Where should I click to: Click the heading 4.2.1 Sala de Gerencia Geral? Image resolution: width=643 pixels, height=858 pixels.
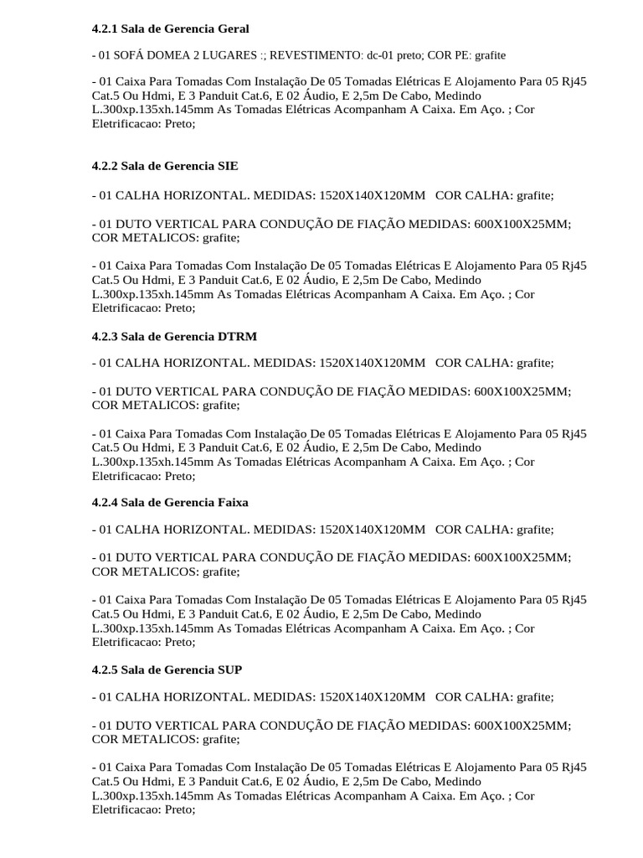(170, 29)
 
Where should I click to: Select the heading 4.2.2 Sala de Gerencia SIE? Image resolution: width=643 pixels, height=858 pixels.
(165, 166)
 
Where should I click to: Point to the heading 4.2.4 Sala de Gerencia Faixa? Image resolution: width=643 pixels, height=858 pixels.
(170, 502)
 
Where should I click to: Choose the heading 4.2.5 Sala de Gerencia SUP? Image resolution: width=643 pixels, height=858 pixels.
(167, 670)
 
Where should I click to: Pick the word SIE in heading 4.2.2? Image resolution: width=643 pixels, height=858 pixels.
(228, 166)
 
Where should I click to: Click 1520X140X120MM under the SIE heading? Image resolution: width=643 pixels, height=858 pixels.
(371, 195)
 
